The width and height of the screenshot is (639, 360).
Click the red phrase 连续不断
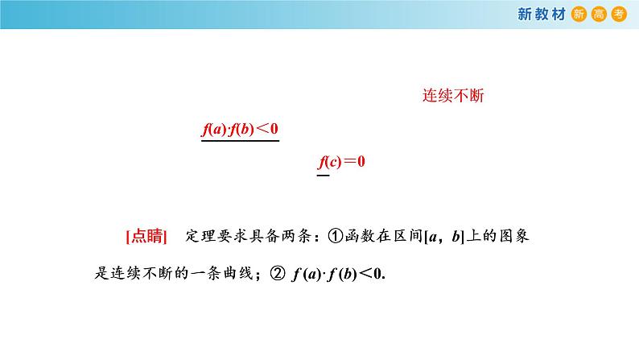click(452, 96)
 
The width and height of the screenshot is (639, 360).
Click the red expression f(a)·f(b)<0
click(239, 129)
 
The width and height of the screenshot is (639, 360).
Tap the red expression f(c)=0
click(342, 161)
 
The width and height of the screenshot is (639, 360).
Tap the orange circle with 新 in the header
click(578, 14)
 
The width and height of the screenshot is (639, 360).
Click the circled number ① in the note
click(335, 237)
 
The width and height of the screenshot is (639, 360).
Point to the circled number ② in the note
click(278, 273)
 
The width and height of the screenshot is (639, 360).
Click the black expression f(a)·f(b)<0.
click(337, 273)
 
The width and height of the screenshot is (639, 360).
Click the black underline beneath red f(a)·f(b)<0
click(239, 142)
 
